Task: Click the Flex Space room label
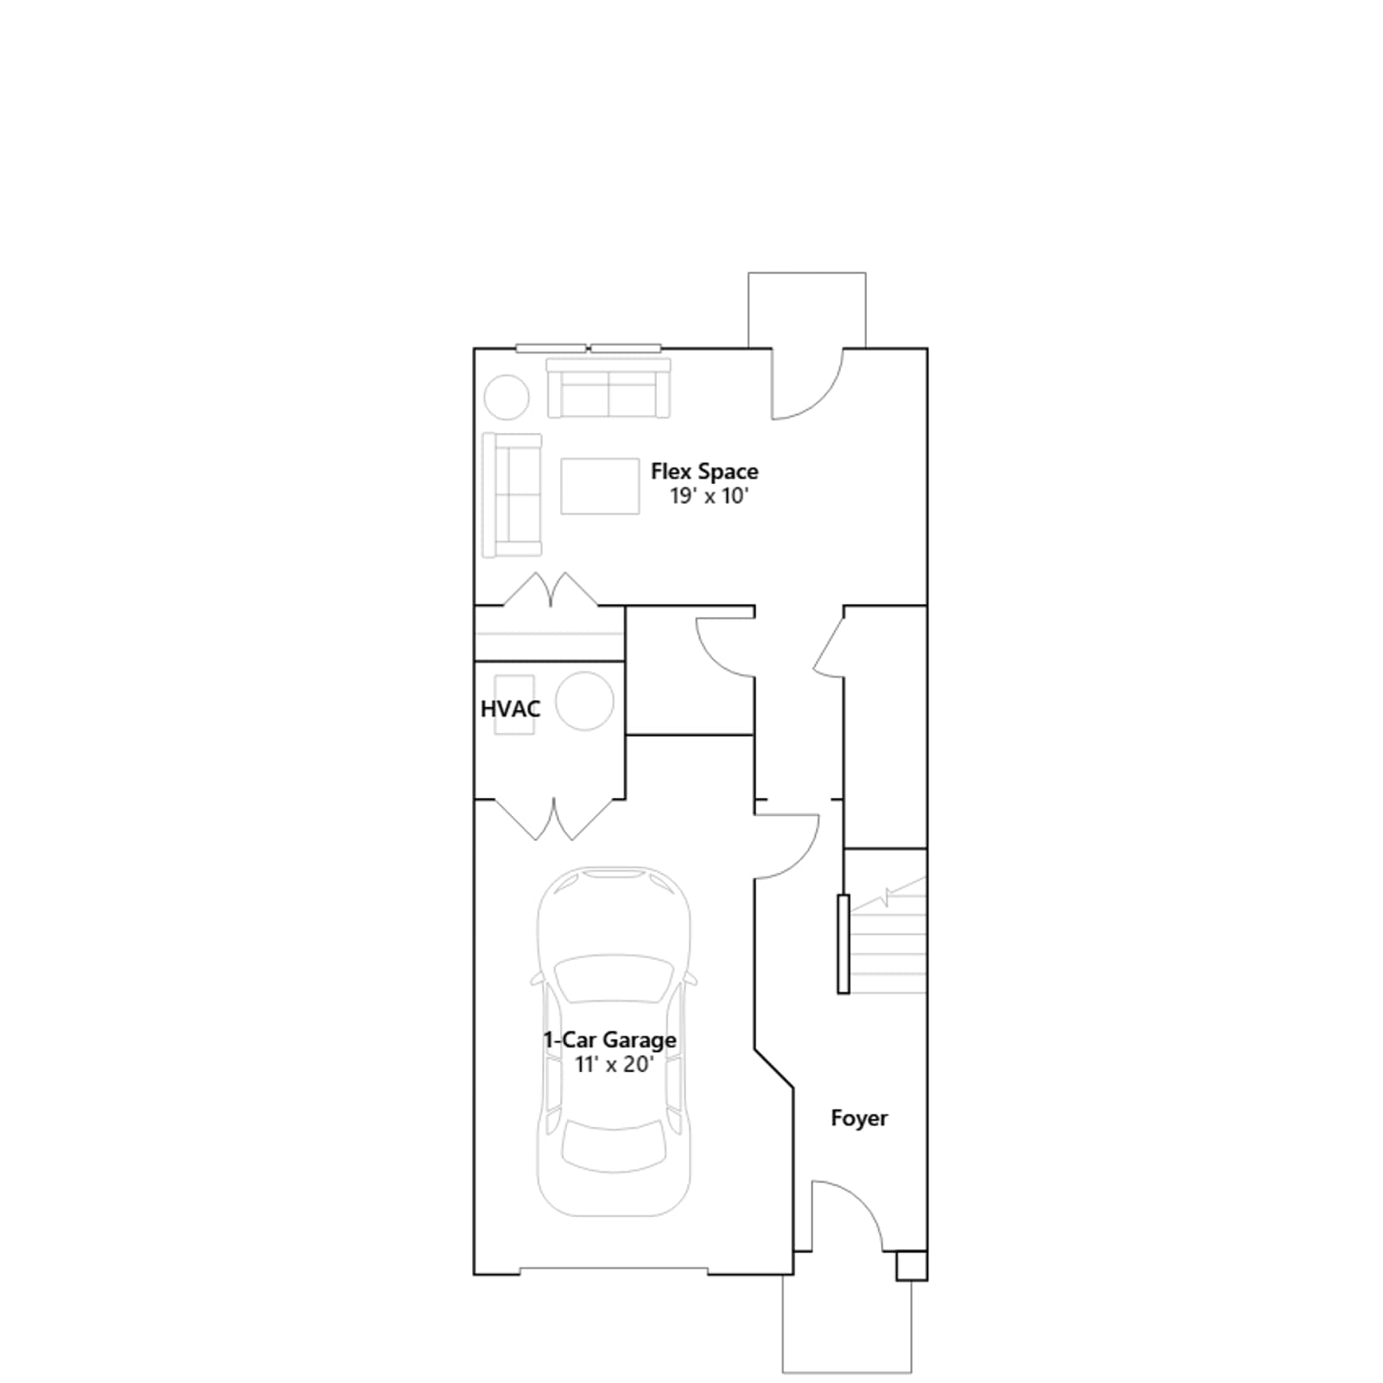point(704,472)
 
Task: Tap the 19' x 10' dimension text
point(708,496)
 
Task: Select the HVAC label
point(510,709)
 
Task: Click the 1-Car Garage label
point(609,1040)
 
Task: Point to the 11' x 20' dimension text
point(614,1064)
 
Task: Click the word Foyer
point(859,1119)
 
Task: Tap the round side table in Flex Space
point(507,398)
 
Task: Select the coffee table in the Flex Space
point(600,486)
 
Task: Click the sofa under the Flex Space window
point(609,388)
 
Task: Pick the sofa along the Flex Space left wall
point(512,494)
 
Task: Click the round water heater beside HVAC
point(585,701)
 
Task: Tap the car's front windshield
point(614,978)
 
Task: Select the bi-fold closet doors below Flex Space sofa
point(551,590)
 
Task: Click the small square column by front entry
point(911,1265)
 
